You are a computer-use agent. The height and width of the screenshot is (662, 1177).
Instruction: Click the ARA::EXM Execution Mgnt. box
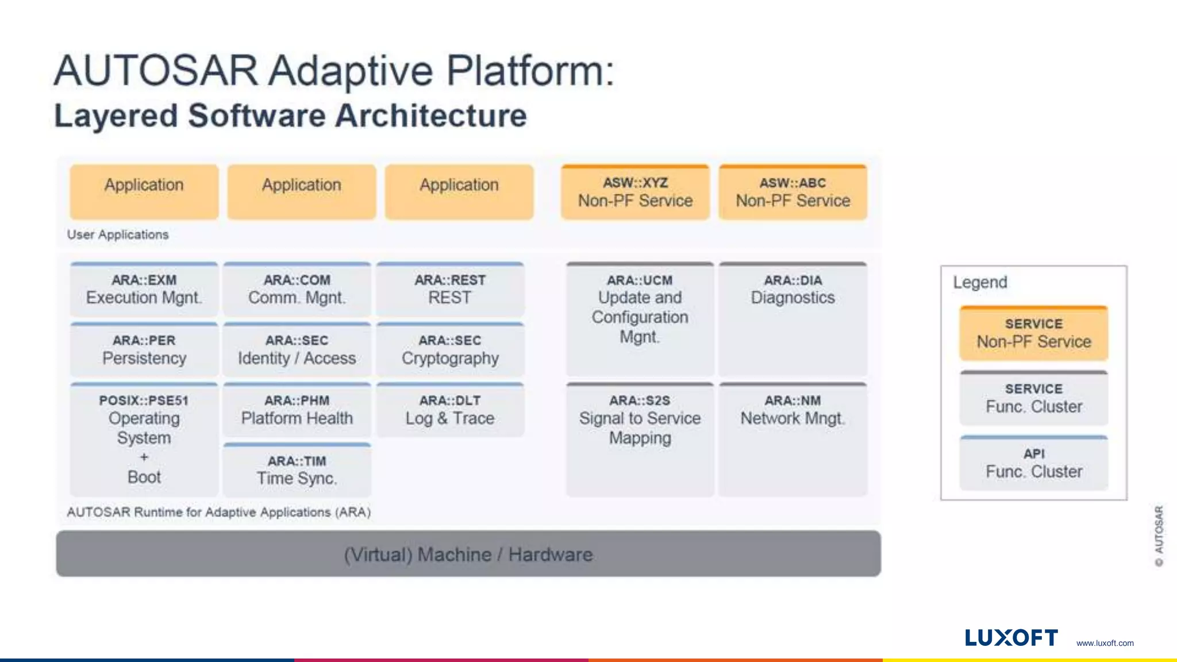coord(144,290)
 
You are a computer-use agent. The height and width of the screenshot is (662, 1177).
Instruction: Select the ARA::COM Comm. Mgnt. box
coord(297,290)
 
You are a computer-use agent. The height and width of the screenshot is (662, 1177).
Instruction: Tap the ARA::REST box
coord(450,290)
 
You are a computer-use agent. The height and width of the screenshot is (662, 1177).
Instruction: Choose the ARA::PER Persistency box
coord(144,350)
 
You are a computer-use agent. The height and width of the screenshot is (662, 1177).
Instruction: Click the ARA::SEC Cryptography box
coord(450,350)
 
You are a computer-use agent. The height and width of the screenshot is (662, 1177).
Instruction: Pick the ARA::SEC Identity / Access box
coord(297,350)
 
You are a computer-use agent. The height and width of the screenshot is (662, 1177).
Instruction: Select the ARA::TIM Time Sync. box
coord(297,470)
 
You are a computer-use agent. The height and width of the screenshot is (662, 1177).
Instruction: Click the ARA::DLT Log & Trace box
coord(450,410)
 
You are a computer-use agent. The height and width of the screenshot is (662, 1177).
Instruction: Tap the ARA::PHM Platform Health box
coord(297,410)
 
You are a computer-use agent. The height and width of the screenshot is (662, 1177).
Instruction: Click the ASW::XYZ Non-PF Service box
coord(635,193)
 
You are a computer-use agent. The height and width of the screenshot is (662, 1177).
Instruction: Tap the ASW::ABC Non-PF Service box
coord(793,193)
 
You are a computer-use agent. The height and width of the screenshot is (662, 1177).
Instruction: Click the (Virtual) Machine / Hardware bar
coord(468,554)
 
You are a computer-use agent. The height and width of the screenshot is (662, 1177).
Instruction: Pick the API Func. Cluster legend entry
coord(1033,463)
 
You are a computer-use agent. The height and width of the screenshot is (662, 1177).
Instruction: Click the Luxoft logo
coord(1011,638)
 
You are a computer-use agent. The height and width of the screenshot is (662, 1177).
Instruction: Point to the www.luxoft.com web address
coord(1105,643)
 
